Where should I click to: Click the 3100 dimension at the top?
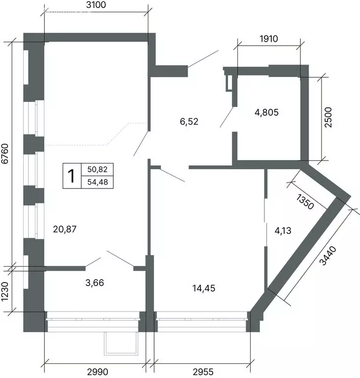click(x=96, y=6)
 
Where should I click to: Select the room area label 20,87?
click(x=65, y=228)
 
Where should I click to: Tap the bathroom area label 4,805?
click(x=266, y=112)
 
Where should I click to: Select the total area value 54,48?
click(x=97, y=182)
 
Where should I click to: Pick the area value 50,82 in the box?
click(x=97, y=169)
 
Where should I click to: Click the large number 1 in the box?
click(x=72, y=176)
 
